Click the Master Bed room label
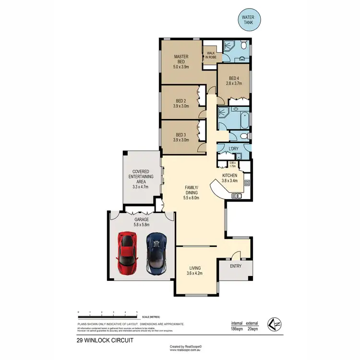pos(181,59)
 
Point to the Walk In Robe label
pos(211,55)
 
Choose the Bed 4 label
pos(234,78)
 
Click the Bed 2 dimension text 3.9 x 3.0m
pos(181,107)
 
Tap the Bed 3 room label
pos(181,135)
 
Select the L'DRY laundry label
pos(234,149)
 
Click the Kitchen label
pos(230,176)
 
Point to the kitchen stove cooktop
pos(247,182)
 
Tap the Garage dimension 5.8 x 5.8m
pos(142,224)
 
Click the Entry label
pos(236,266)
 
